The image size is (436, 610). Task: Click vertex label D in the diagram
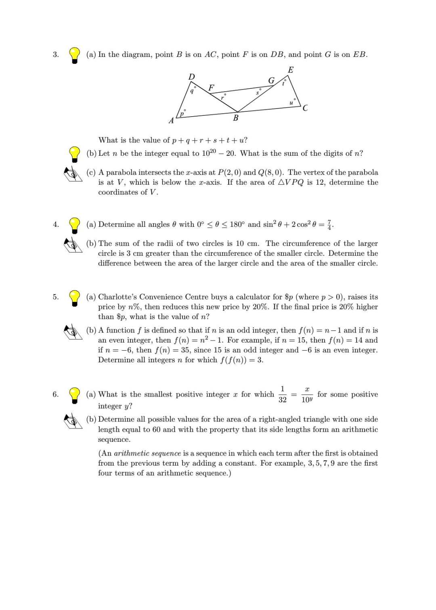[x=192, y=77]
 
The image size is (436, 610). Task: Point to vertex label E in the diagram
[x=290, y=70]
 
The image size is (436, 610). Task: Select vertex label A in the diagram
[x=171, y=120]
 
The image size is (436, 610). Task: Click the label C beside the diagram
[x=305, y=108]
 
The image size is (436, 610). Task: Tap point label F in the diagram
[x=211, y=87]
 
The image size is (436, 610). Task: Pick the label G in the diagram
[x=271, y=81]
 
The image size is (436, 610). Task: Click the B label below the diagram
[x=236, y=118]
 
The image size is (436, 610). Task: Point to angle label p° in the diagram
[x=182, y=113]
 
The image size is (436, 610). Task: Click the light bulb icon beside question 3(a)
[x=74, y=55]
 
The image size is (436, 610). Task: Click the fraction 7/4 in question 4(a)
[x=329, y=225]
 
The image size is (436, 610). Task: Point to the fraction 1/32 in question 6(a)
[x=283, y=394]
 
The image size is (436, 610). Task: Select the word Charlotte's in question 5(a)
[x=117, y=297]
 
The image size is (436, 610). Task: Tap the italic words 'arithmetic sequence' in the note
[x=147, y=453]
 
